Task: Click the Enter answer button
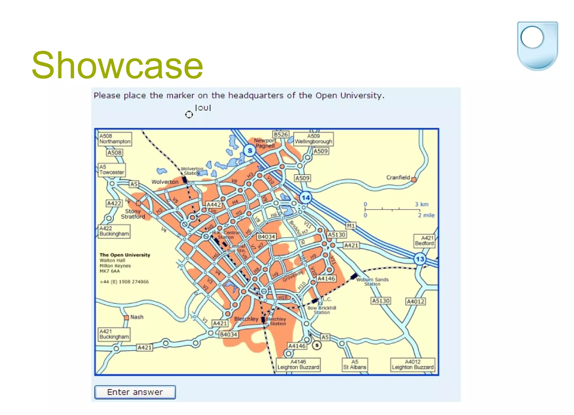(x=135, y=392)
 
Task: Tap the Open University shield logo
(x=537, y=46)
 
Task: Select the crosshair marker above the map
(x=189, y=114)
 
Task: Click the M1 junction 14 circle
(x=305, y=198)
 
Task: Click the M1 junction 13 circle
(x=420, y=259)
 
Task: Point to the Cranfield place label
(x=398, y=177)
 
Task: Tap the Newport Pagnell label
(x=265, y=143)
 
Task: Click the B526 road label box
(x=281, y=134)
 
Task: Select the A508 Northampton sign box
(x=115, y=139)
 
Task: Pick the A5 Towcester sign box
(x=112, y=170)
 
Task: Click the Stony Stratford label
(x=133, y=214)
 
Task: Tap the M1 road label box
(x=351, y=226)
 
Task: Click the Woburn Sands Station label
(x=372, y=282)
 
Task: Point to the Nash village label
(x=137, y=317)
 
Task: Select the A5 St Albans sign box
(x=355, y=364)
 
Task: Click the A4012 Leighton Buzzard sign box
(x=413, y=364)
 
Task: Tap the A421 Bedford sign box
(x=424, y=241)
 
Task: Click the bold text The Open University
(x=125, y=255)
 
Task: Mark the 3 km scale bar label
(x=422, y=204)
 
